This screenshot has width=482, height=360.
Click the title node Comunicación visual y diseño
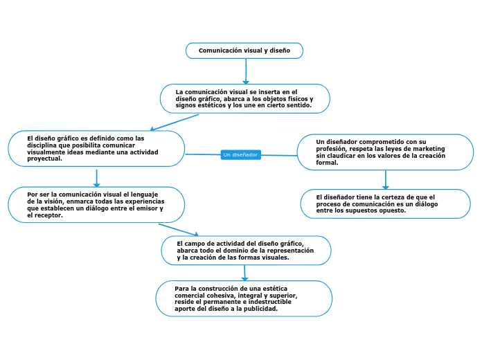(x=244, y=51)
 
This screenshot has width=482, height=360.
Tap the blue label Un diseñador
(x=240, y=154)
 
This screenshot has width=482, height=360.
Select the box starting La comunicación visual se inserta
(x=244, y=98)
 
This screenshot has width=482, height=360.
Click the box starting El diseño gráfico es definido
(x=96, y=148)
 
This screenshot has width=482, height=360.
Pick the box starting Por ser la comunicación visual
(x=96, y=205)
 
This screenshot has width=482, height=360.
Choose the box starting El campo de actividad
(x=245, y=251)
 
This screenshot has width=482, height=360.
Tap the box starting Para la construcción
(x=244, y=298)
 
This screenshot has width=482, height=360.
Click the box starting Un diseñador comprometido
(x=385, y=152)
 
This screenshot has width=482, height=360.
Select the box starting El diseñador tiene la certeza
(x=385, y=204)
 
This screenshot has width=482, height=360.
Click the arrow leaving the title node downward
(x=246, y=71)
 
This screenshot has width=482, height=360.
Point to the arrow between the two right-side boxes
(x=386, y=180)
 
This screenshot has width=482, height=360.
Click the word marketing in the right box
(x=429, y=149)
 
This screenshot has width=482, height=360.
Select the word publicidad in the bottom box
(x=262, y=309)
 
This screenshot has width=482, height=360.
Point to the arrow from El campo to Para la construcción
(x=244, y=272)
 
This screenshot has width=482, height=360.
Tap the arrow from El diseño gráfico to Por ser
(x=97, y=178)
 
